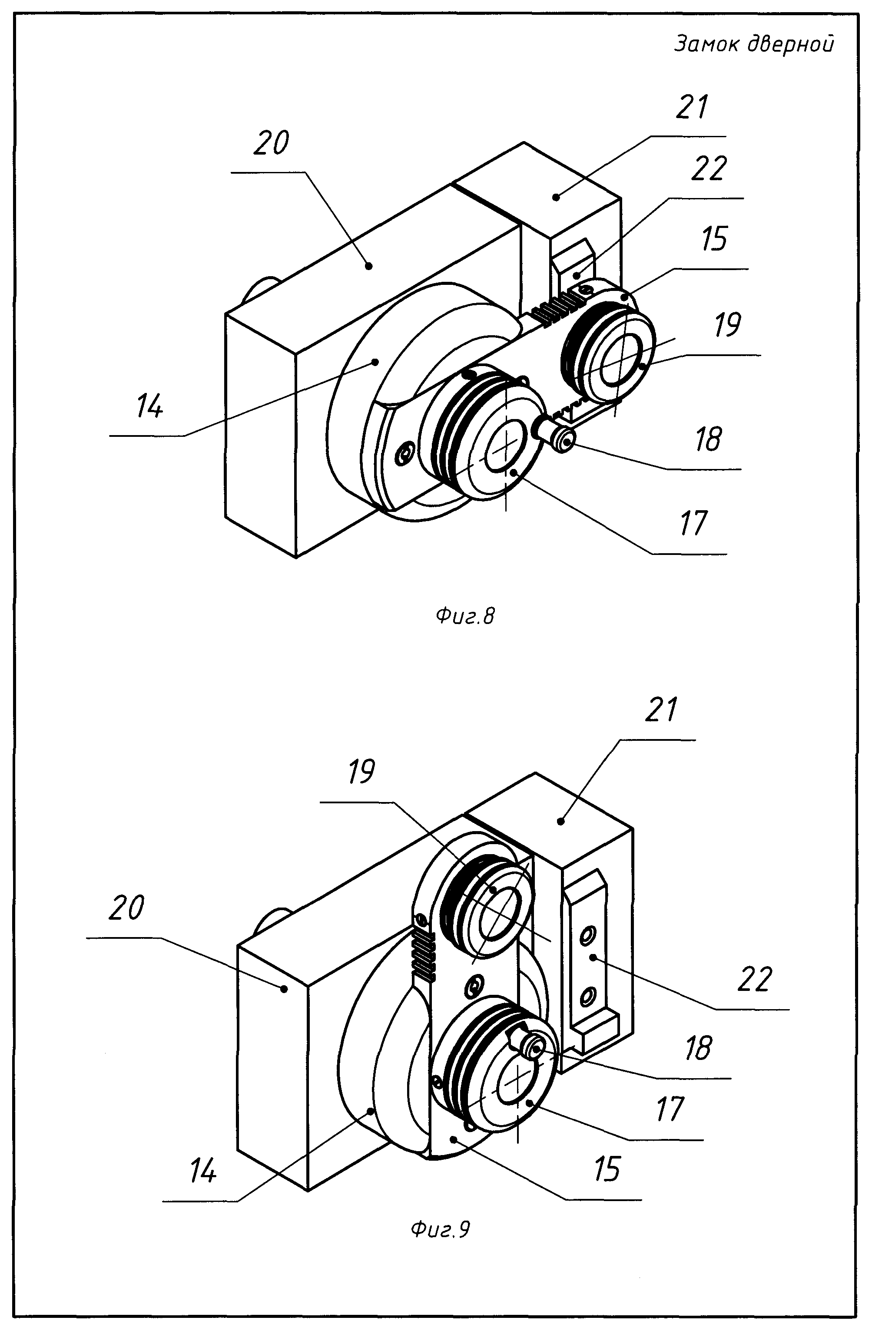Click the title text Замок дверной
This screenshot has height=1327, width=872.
pyautogui.click(x=754, y=43)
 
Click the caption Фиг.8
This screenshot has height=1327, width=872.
pyautogui.click(x=465, y=616)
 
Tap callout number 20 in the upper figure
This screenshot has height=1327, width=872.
pyautogui.click(x=271, y=143)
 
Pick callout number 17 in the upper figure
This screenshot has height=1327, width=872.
pyautogui.click(x=693, y=523)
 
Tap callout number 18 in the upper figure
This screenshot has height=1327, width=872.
pyautogui.click(x=709, y=439)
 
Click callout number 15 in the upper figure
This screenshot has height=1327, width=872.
pyautogui.click(x=714, y=239)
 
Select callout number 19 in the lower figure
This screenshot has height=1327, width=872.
pyautogui.click(x=361, y=772)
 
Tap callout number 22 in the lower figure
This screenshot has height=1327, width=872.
pyautogui.click(x=755, y=979)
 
